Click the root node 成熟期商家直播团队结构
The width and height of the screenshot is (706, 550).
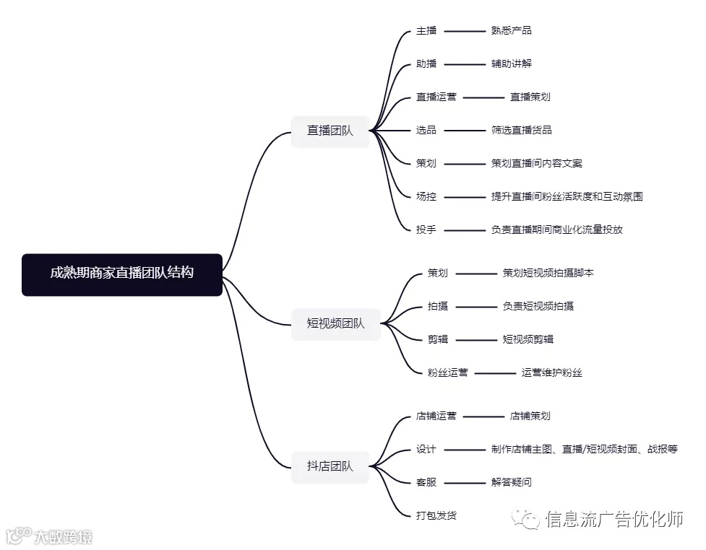121,274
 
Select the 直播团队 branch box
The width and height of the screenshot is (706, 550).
330,131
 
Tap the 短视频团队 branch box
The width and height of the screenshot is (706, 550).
335,323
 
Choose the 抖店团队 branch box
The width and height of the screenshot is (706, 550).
330,466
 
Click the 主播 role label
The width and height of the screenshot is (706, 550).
426,31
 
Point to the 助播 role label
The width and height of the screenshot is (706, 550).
426,64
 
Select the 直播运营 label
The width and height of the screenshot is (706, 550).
436,97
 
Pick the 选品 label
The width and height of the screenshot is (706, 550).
426,130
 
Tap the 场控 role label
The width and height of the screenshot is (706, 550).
426,196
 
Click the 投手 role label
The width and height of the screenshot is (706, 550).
426,230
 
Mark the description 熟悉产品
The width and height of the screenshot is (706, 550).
511,31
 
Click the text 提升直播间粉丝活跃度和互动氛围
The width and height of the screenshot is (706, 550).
567,196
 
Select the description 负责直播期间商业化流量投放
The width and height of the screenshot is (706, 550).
556,230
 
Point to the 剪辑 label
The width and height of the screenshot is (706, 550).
438,339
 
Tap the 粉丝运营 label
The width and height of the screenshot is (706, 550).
447,372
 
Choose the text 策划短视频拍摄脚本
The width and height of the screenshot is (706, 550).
548,273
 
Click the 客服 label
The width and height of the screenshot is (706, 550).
426,482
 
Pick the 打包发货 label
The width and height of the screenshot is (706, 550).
436,515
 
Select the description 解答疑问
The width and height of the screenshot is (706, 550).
511,482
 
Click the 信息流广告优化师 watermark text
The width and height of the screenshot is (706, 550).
614,519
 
